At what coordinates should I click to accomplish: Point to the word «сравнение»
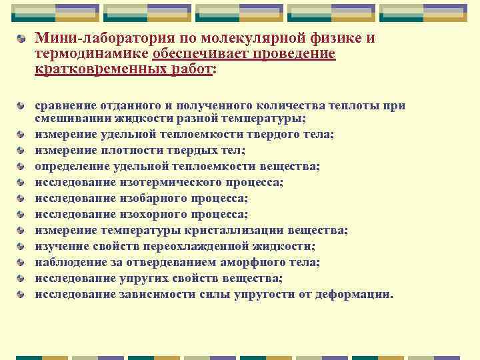tap(65, 105)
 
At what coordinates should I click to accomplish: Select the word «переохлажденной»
tap(199, 246)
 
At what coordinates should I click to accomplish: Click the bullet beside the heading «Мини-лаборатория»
tap(23, 39)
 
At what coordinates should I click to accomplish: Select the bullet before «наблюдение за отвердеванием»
tap(23, 263)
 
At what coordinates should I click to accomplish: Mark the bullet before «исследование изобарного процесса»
tap(23, 199)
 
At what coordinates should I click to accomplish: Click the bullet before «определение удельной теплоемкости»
tap(23, 167)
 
